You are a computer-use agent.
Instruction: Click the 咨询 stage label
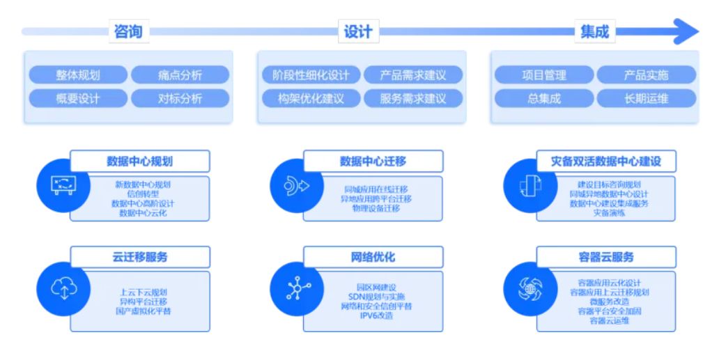point(127,31)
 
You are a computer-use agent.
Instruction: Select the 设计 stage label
point(358,31)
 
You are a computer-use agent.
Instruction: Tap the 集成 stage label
point(594,31)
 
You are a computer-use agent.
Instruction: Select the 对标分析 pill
point(180,98)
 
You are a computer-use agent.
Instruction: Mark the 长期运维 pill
point(646,98)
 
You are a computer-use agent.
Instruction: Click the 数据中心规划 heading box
point(140,162)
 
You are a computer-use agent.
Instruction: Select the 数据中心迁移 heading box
point(373,162)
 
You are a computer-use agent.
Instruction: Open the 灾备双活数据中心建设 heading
point(606,162)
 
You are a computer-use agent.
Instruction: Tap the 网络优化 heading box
point(373,257)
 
